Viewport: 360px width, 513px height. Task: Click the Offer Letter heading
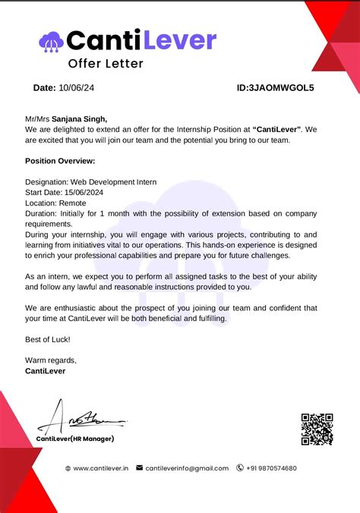pos(106,64)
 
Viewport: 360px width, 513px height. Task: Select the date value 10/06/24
pos(78,88)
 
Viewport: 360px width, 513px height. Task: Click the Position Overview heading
pos(60,161)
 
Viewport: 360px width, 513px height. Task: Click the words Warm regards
pos(51,360)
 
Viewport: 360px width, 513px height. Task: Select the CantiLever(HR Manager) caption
pos(75,439)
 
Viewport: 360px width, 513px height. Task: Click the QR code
pos(317,429)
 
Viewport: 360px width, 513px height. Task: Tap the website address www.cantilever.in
pos(101,468)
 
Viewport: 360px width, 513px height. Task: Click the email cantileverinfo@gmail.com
pos(187,468)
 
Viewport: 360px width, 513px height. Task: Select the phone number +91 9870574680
pos(271,468)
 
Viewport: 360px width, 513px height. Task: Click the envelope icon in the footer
pos(139,468)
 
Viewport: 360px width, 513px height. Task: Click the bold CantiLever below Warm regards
pos(45,370)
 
